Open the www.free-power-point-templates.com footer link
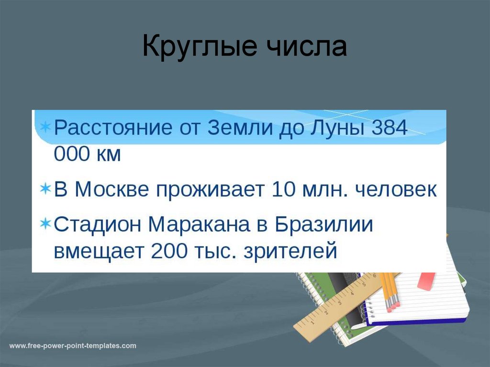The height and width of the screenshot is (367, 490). (73, 345)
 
